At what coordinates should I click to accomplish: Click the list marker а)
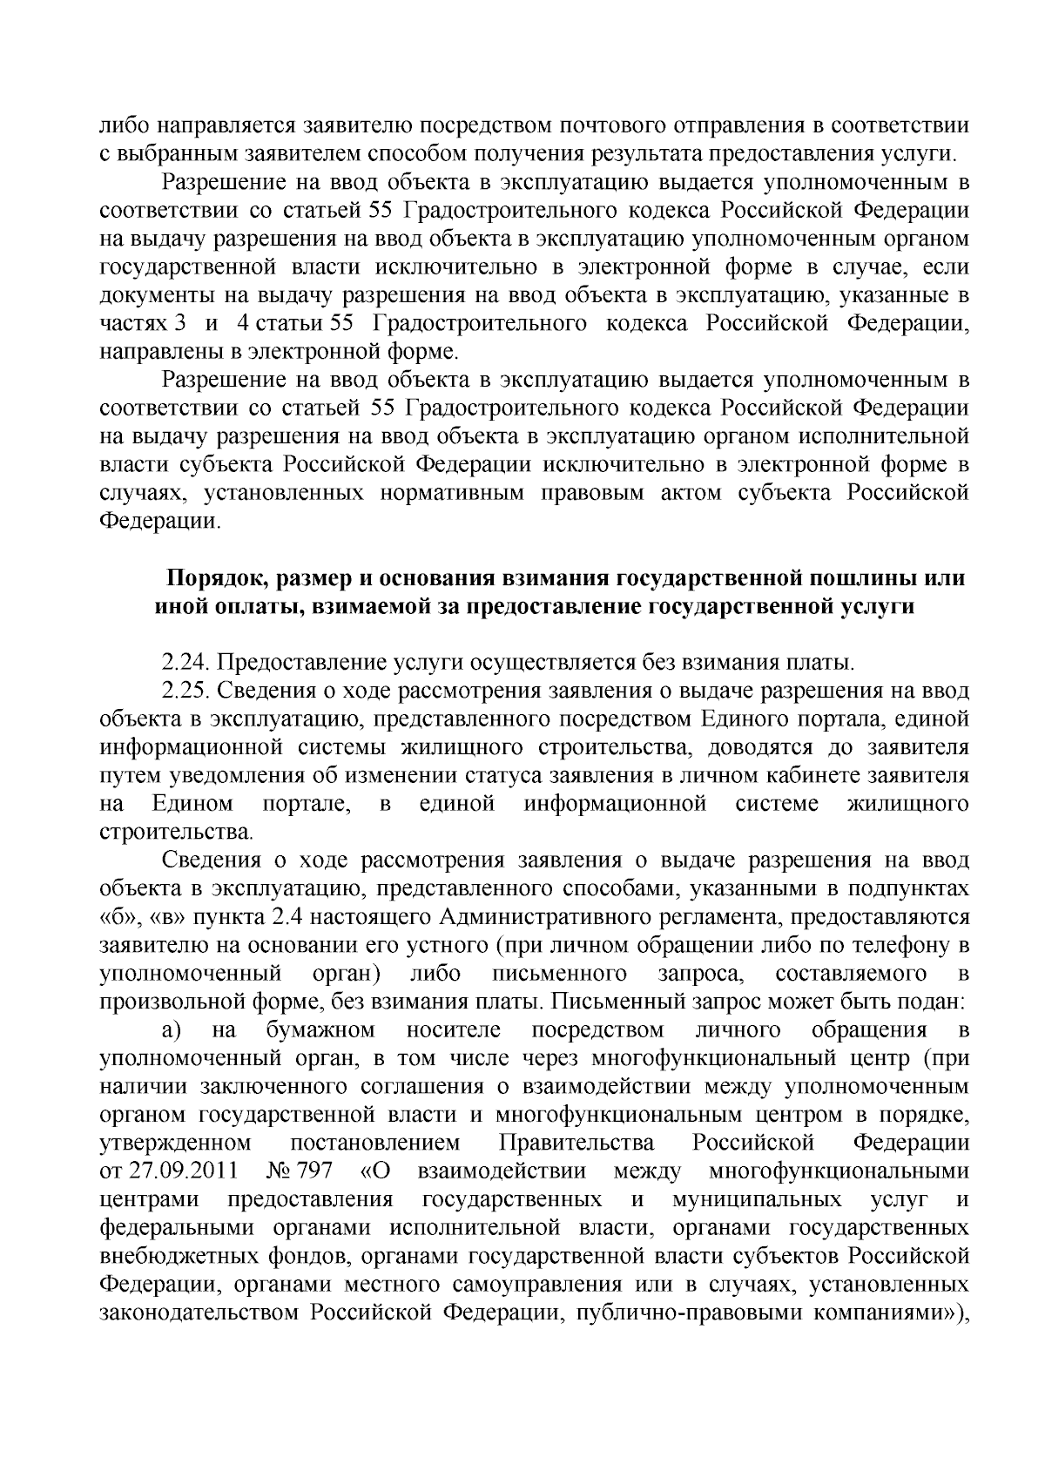pos(171,1030)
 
